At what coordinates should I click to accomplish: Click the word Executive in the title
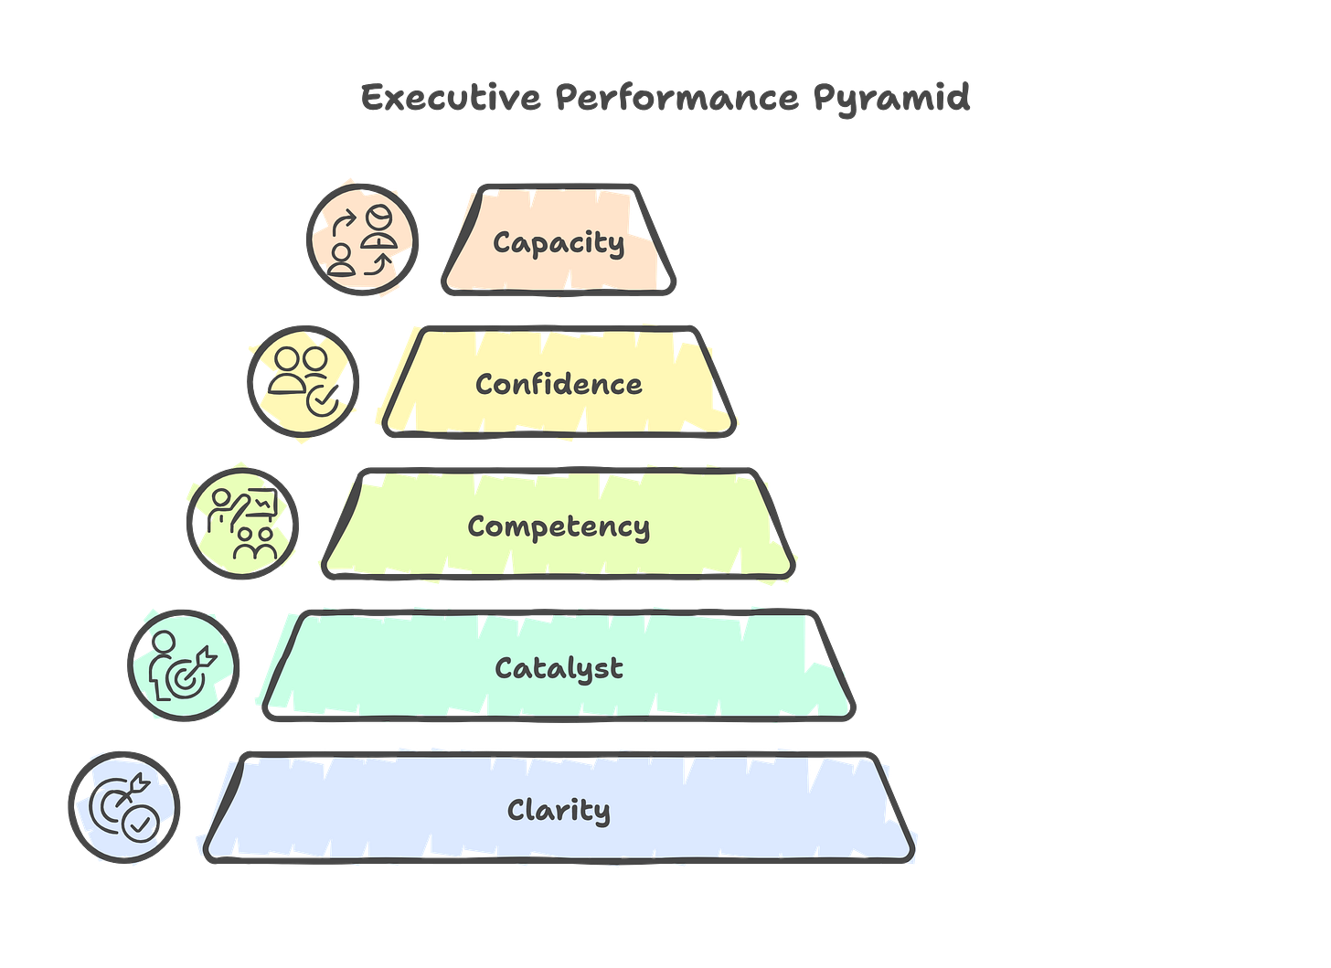coord(451,97)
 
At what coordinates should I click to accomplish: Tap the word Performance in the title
coord(676,97)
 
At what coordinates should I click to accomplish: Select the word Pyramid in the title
coord(891,97)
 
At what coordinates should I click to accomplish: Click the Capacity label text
coord(559,242)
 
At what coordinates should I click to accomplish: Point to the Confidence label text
coord(559,384)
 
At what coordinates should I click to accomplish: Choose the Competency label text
coord(559,527)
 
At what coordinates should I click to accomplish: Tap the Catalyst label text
coord(559,668)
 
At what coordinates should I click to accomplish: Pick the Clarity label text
coord(559,811)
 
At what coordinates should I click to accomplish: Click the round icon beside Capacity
coord(363,239)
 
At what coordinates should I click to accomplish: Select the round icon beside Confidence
coord(303,381)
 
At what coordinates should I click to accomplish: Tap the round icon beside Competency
coord(243,523)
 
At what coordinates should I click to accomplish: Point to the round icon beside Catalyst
coord(184,665)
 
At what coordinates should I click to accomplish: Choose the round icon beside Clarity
coord(124,806)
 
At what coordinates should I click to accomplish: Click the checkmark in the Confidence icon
coord(323,400)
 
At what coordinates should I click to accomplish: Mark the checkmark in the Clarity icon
coord(140,826)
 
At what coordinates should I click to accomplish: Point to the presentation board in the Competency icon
coord(263,502)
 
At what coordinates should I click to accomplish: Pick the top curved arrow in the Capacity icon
coord(346,222)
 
